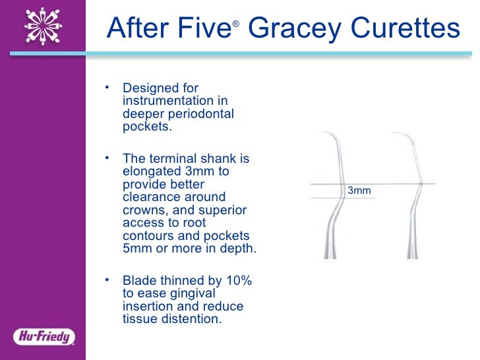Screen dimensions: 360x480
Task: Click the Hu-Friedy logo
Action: [44, 337]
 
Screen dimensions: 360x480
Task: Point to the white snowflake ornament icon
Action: [43, 26]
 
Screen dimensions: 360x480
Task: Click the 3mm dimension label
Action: [359, 191]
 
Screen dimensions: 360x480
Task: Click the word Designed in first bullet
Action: [151, 88]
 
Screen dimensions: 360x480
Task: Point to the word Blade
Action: [138, 282]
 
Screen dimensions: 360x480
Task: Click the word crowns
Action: [146, 210]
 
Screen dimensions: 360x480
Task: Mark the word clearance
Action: [151, 197]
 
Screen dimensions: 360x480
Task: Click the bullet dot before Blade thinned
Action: [108, 280]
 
